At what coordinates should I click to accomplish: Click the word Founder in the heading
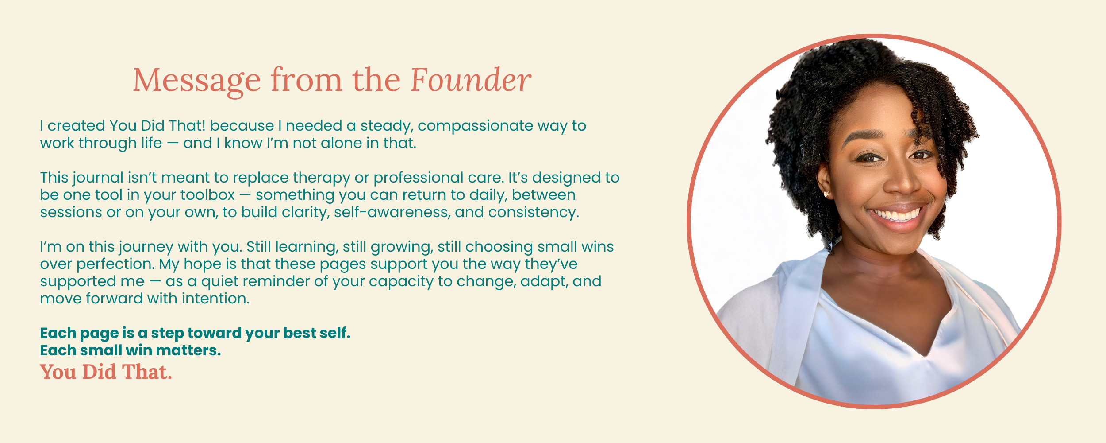click(471, 80)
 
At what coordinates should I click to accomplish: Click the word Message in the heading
click(197, 82)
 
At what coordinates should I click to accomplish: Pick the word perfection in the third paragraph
click(115, 264)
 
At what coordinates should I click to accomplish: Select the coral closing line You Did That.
click(106, 372)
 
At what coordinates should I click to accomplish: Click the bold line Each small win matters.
click(131, 350)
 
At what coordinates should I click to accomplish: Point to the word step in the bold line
click(167, 334)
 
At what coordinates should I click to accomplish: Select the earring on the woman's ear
click(826, 194)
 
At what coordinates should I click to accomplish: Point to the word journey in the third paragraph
click(146, 247)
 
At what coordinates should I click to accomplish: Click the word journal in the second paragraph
click(98, 178)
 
